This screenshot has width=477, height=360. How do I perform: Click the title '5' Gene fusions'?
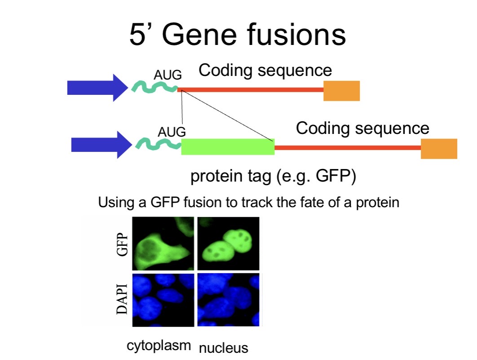238,34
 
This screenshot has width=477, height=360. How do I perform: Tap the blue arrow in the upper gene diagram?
97,88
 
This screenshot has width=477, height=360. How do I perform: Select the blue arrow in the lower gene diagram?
102,145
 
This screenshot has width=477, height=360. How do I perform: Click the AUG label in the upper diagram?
168,75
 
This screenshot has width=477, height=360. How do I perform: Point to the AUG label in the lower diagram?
172,132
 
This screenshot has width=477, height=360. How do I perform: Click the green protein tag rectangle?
228,147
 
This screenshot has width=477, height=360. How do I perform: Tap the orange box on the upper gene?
342,91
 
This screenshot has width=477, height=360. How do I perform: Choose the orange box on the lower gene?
439,148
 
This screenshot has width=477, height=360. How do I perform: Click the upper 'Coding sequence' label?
265,71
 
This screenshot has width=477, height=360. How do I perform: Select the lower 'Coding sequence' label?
362,128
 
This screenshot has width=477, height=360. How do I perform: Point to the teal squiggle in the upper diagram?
155,87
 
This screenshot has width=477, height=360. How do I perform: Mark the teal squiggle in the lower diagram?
158,144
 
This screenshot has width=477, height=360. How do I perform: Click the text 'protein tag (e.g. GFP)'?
273,176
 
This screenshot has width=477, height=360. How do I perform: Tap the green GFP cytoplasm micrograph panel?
163,244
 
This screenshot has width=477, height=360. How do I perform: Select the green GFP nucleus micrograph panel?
229,244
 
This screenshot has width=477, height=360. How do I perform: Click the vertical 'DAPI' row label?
122,299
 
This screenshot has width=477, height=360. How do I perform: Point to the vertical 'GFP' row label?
122,244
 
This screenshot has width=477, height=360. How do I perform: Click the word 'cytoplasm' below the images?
159,346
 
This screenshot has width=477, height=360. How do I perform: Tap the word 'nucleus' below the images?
224,348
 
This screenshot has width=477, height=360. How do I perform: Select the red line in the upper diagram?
250,90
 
